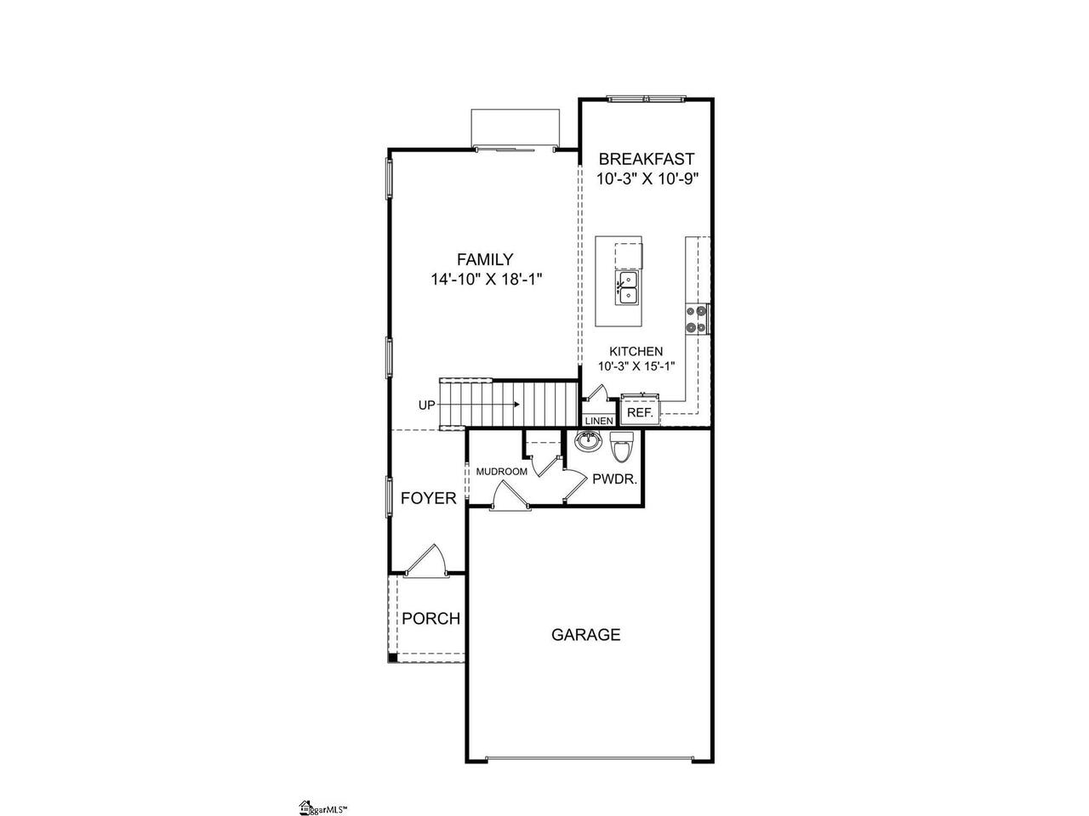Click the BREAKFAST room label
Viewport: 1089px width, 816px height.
point(647,159)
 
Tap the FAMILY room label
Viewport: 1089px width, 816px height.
point(485,259)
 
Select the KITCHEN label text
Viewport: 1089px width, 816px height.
point(636,351)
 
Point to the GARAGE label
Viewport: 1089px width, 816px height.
point(586,635)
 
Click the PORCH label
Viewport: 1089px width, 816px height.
point(430,618)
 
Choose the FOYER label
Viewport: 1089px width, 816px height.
point(428,498)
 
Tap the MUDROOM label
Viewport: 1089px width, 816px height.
point(502,472)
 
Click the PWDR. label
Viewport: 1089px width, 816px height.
point(615,479)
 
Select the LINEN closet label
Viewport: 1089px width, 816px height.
point(599,421)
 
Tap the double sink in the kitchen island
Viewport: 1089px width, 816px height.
point(627,288)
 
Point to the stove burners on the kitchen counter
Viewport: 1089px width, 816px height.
point(696,319)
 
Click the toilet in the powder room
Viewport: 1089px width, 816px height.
point(622,446)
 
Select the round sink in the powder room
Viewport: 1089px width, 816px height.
point(588,440)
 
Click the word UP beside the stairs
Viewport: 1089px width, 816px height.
point(427,405)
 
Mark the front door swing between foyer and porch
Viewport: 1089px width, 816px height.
point(426,561)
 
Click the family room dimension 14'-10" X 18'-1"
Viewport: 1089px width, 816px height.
point(486,280)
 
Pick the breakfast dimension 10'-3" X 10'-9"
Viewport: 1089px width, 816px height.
point(647,178)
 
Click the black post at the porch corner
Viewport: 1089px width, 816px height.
point(392,659)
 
